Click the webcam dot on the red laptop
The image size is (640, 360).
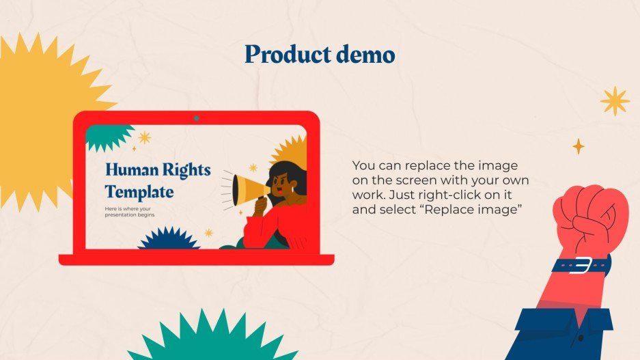click(x=196, y=118)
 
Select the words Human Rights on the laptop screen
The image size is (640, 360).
click(x=158, y=170)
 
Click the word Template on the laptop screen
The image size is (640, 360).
click(x=139, y=191)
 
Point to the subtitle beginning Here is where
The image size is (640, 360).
click(x=130, y=211)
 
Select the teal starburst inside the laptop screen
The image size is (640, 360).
click(x=108, y=137)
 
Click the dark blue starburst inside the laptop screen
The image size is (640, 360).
click(x=167, y=239)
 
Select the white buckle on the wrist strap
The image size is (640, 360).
click(x=582, y=264)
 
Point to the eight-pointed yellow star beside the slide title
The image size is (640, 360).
click(x=615, y=100)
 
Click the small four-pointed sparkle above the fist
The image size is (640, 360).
click(x=579, y=146)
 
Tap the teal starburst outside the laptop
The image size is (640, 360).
click(x=205, y=338)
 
